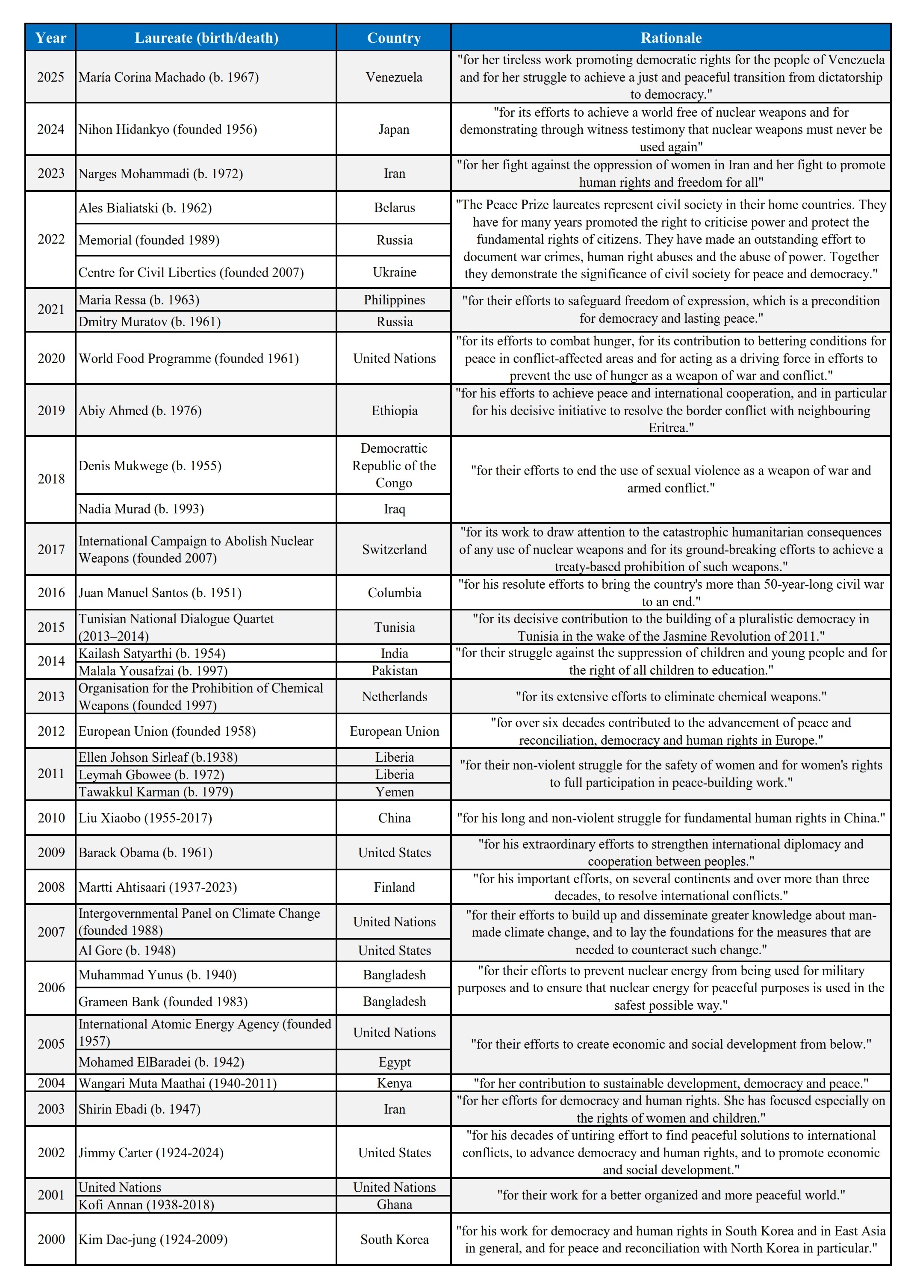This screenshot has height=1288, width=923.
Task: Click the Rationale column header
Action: (x=670, y=38)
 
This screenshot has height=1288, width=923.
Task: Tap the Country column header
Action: (x=394, y=38)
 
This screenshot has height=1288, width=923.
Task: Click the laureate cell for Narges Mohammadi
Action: (x=161, y=173)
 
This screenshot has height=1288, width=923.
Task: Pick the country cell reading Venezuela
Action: (x=394, y=77)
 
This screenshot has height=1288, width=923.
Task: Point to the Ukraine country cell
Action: (x=394, y=272)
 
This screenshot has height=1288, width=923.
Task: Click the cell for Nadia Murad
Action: (x=142, y=508)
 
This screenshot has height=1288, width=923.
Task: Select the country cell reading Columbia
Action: (x=394, y=592)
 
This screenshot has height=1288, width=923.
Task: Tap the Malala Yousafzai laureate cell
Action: (x=153, y=671)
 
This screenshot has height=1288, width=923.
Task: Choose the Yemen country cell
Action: (x=394, y=792)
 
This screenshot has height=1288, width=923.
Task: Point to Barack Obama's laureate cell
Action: (x=145, y=852)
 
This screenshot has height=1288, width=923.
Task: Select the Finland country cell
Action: (x=394, y=887)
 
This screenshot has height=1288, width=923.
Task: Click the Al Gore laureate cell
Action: (x=127, y=950)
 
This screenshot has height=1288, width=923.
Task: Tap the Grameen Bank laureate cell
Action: (x=163, y=1001)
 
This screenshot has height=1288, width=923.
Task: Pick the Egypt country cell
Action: (x=394, y=1062)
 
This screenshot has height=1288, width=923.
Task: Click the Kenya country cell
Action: (x=394, y=1083)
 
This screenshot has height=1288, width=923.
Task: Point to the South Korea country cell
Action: (x=394, y=1239)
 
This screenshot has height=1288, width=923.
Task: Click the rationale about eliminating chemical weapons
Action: (x=670, y=696)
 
